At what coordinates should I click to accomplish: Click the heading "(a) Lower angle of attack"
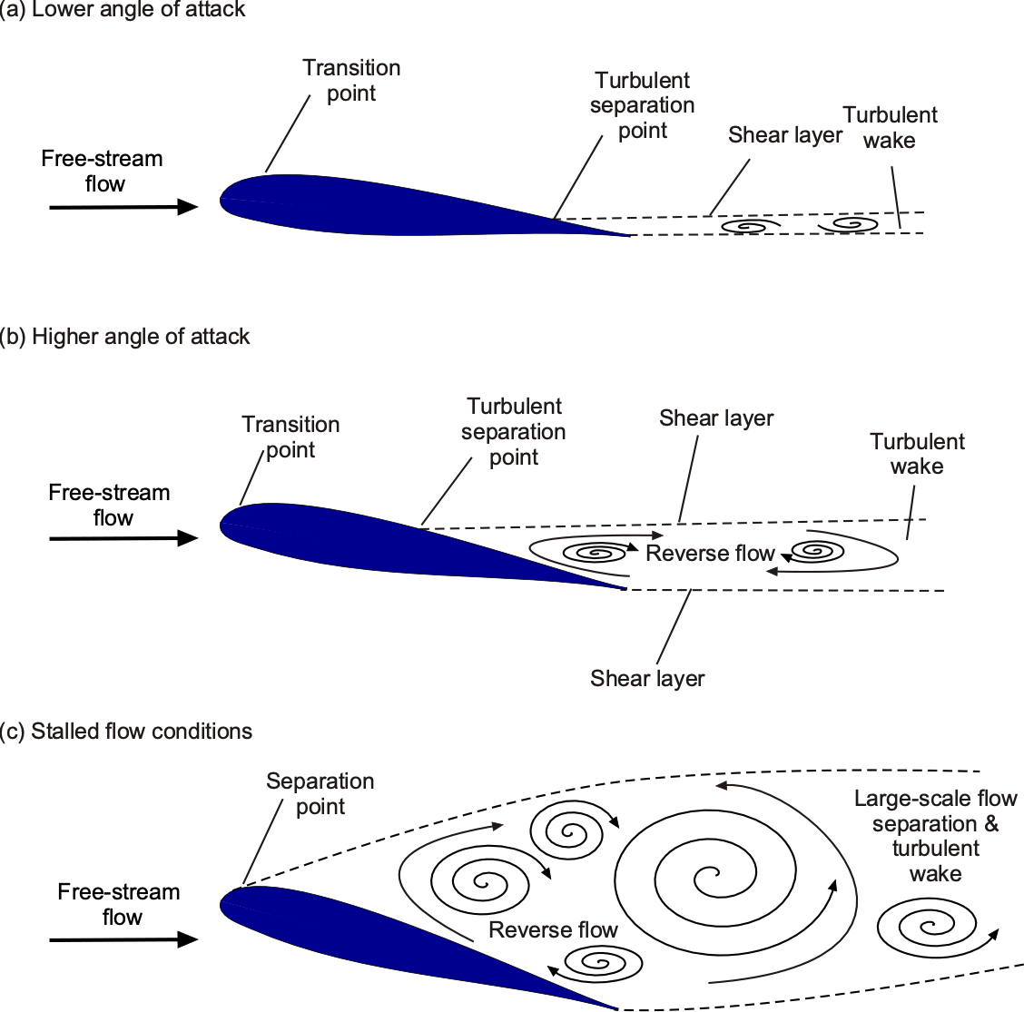pyautogui.click(x=123, y=11)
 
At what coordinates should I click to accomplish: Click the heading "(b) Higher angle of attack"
pyautogui.click(x=125, y=337)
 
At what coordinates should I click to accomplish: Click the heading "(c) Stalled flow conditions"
pyautogui.click(x=126, y=732)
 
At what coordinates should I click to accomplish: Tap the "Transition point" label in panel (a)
pyautogui.click(x=351, y=81)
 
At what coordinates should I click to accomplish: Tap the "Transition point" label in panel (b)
pyautogui.click(x=290, y=437)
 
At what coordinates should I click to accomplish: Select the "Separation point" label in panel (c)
pyautogui.click(x=320, y=794)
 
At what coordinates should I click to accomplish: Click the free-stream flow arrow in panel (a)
pyautogui.click(x=123, y=208)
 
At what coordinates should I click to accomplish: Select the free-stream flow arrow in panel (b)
pyautogui.click(x=123, y=539)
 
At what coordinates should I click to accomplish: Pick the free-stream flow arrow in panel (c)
pyautogui.click(x=123, y=939)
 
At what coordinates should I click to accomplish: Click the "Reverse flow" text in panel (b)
pyautogui.click(x=710, y=554)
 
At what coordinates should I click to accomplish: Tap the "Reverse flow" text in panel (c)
pyautogui.click(x=553, y=930)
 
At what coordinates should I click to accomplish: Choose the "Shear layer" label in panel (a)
pyautogui.click(x=785, y=135)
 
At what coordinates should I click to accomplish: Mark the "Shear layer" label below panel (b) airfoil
pyautogui.click(x=647, y=679)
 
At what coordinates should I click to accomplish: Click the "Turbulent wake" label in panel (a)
pyautogui.click(x=890, y=128)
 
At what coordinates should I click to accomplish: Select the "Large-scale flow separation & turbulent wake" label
pyautogui.click(x=936, y=836)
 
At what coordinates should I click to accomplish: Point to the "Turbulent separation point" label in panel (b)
pyautogui.click(x=514, y=432)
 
